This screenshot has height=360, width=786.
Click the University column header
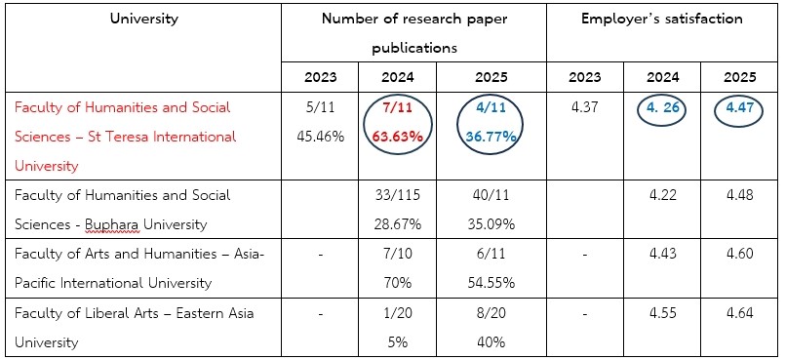tap(144, 20)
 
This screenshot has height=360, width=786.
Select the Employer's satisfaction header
tap(662, 20)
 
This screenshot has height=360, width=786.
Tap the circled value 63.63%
tap(398, 137)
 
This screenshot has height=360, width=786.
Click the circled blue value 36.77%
tap(490, 137)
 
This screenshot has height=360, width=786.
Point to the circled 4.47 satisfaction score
tap(739, 107)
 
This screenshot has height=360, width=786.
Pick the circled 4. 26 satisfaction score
tap(662, 107)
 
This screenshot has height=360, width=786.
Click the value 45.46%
tap(320, 137)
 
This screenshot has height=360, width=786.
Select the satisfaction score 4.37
tap(584, 107)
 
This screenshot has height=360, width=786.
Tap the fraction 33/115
tap(398, 194)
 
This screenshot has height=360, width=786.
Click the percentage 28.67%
tap(398, 224)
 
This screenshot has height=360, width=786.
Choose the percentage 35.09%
tap(490, 224)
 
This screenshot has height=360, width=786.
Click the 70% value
tap(398, 283)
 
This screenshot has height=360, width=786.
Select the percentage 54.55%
tap(490, 283)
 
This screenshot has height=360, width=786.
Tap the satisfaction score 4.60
tap(739, 254)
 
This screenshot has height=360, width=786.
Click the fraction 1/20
tap(398, 313)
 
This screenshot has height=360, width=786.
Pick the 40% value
tap(490, 342)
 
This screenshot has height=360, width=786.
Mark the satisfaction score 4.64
tap(739, 313)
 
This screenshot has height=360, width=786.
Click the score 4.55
tap(662, 313)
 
